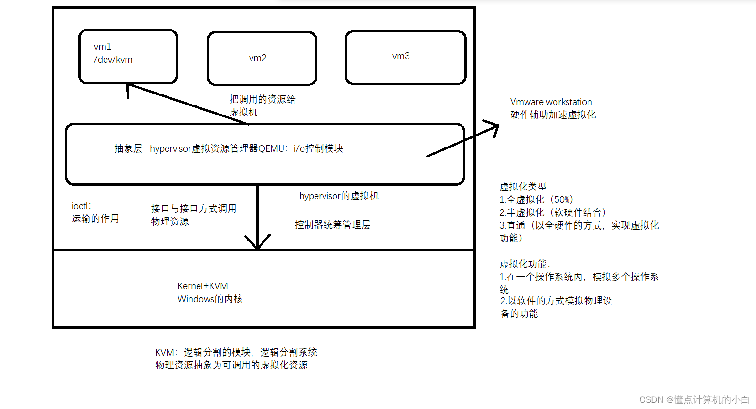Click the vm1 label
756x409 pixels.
pos(103,47)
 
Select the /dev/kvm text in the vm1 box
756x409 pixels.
pos(113,60)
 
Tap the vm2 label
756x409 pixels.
pos(258,58)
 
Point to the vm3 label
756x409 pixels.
pos(401,56)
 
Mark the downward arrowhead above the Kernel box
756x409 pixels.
pos(257,243)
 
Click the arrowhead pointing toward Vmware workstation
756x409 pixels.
pos(494,127)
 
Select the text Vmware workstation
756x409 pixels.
pos(551,102)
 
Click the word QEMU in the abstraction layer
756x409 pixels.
pos(272,149)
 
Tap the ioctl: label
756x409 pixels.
pos(81,206)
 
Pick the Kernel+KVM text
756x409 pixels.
pos(203,286)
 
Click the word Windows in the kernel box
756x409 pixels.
pos(196,299)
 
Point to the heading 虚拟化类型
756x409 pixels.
pos(523,187)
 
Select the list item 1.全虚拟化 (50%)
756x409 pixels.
pos(536,199)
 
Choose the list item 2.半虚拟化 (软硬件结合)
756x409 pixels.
pos(553,212)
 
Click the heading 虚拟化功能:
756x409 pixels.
pos(525,264)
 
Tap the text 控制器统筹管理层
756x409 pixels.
pos(333,225)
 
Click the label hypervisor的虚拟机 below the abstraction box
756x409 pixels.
pos(339,196)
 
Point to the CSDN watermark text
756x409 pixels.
pos(694,399)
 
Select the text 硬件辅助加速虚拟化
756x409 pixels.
pos(553,115)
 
